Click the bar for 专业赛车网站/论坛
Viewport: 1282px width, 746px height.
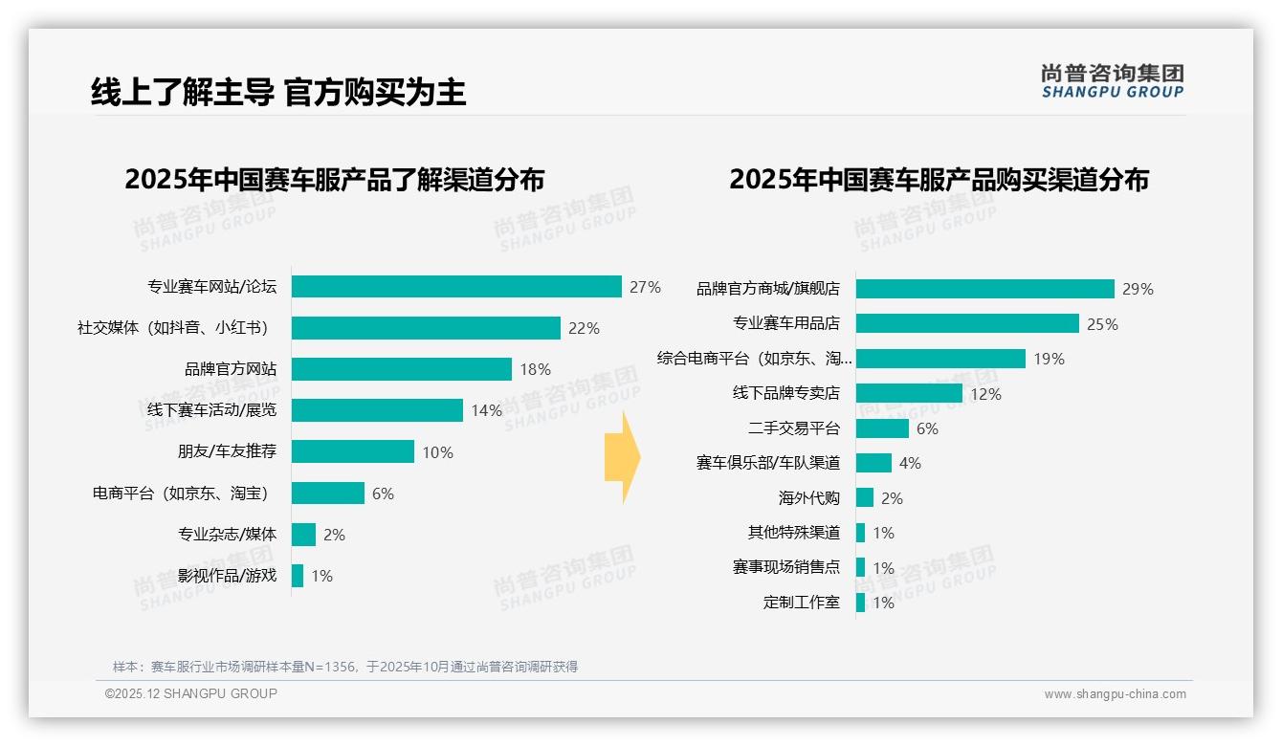pyautogui.click(x=456, y=287)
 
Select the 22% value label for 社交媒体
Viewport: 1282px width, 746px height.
pyautogui.click(x=584, y=328)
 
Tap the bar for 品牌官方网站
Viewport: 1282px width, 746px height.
pyautogui.click(x=402, y=369)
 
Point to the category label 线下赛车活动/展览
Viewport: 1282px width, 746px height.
pyautogui.click(x=211, y=410)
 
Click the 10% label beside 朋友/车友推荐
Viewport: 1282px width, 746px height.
pyautogui.click(x=437, y=452)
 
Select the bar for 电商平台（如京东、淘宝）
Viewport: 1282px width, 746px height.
pyautogui.click(x=328, y=494)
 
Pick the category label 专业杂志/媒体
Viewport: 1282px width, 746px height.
pyautogui.click(x=227, y=535)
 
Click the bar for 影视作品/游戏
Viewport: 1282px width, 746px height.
pyautogui.click(x=298, y=576)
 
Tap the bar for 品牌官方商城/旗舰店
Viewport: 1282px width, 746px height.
pyautogui.click(x=984, y=289)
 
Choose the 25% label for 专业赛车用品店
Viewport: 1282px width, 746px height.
pyautogui.click(x=1102, y=324)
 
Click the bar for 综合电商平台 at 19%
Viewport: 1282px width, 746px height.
pyautogui.click(x=940, y=359)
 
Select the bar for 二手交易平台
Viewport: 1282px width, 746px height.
pyautogui.click(x=882, y=428)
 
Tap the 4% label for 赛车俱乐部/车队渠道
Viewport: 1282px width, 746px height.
pyautogui.click(x=910, y=463)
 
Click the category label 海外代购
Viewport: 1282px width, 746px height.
pyautogui.click(x=808, y=498)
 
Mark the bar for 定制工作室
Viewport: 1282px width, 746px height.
pyautogui.click(x=860, y=603)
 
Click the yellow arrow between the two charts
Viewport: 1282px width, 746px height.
pyautogui.click(x=623, y=458)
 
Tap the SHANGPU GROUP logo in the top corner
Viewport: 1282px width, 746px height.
pyautogui.click(x=1112, y=80)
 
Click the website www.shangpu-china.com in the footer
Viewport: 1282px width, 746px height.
pyautogui.click(x=1115, y=694)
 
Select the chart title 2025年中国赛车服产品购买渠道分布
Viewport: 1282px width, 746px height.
pyautogui.click(x=939, y=180)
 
